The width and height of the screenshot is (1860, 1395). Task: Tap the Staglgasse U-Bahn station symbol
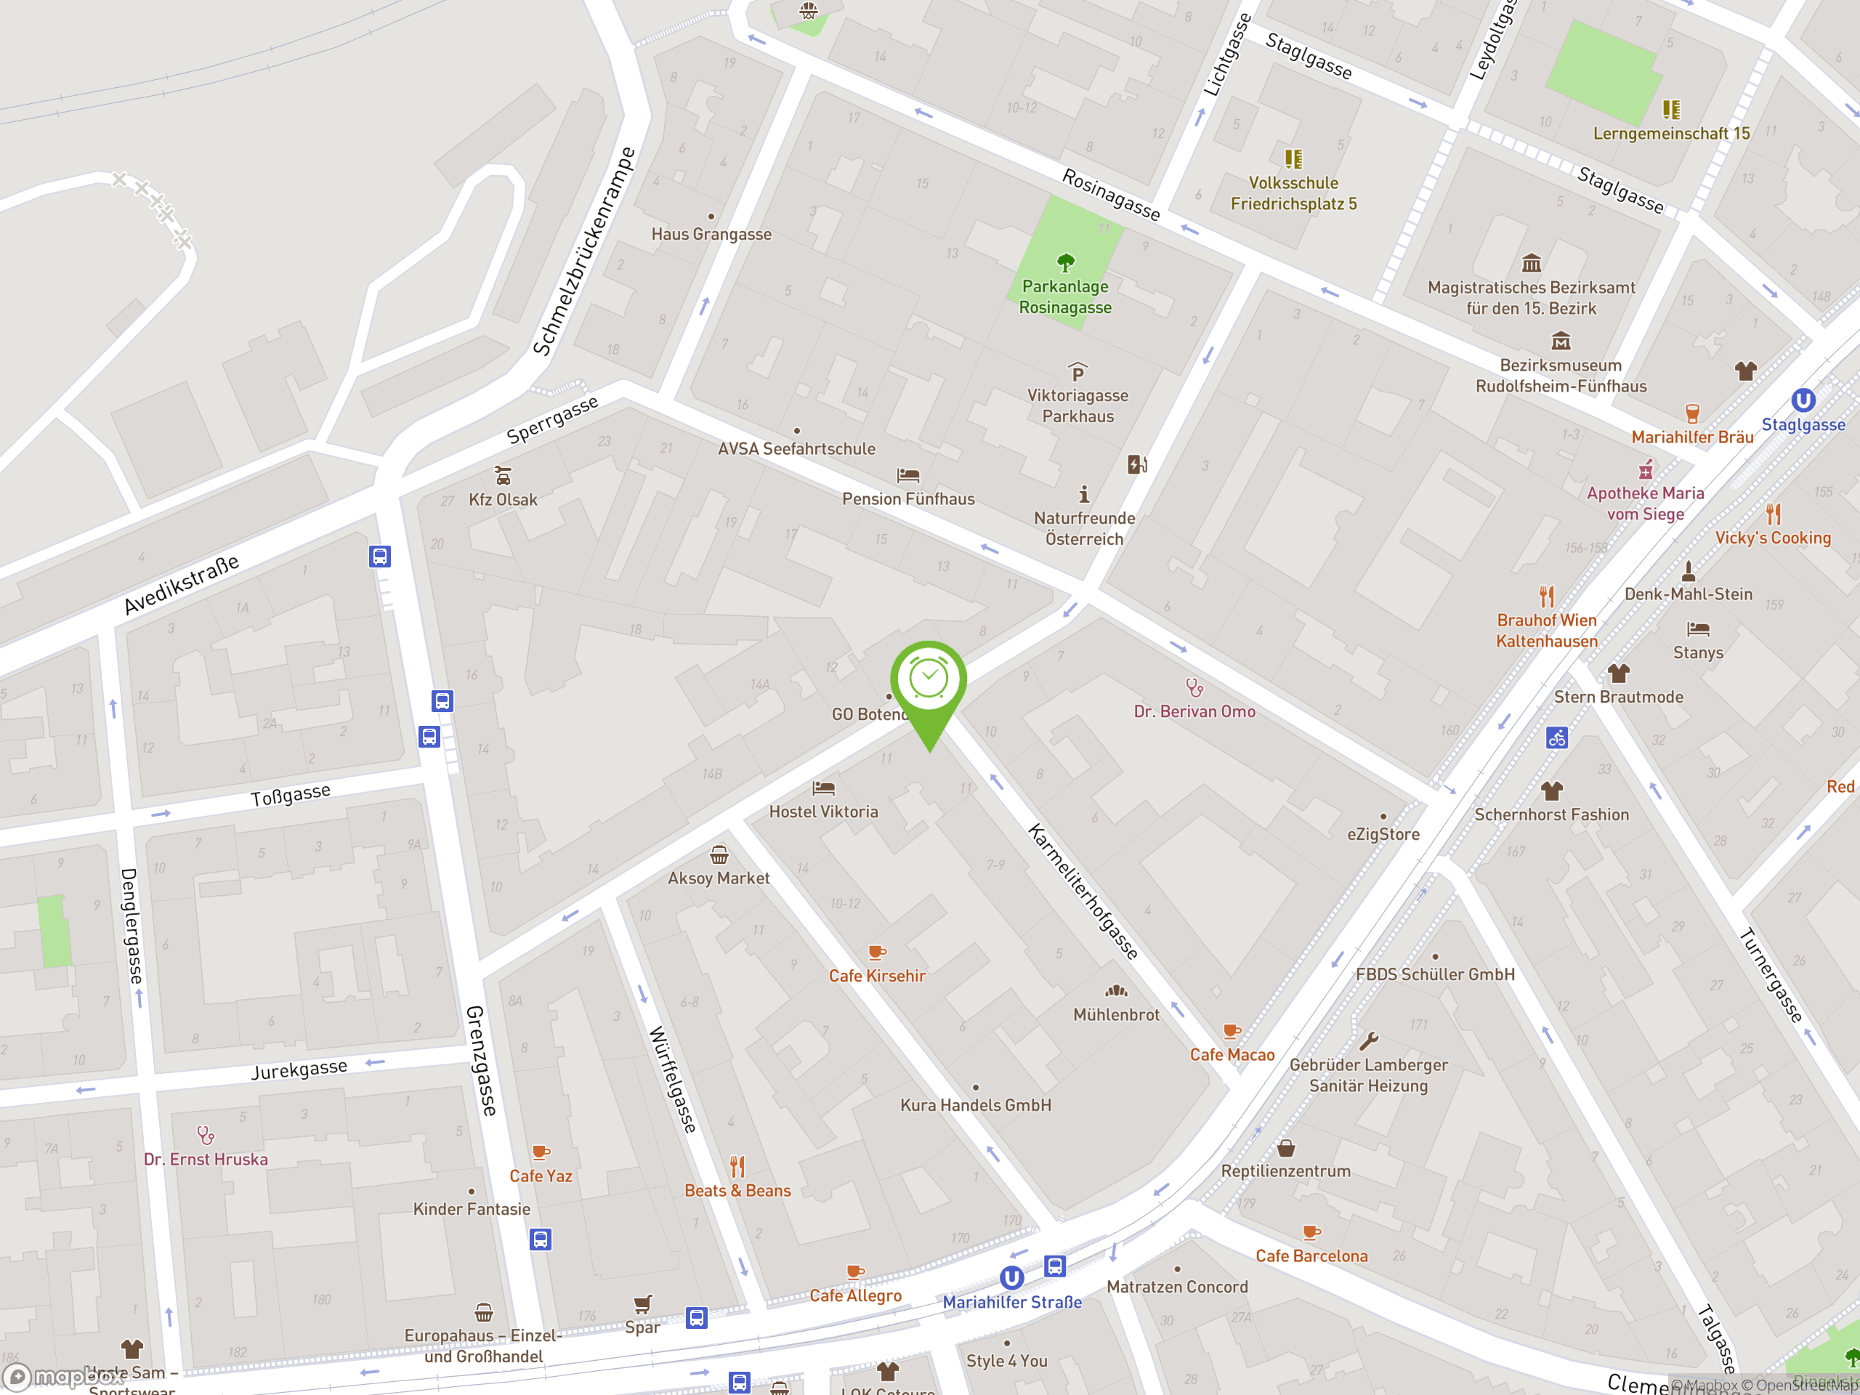click(x=1803, y=400)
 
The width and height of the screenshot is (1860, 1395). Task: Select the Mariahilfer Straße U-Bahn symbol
click(x=1011, y=1278)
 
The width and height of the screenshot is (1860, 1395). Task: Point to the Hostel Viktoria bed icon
click(x=823, y=788)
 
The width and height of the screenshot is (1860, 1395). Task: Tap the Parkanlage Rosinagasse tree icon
click(x=1065, y=262)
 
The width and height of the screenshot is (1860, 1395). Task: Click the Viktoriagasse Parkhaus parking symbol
click(x=1077, y=372)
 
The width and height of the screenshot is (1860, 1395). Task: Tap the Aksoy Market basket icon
click(x=719, y=855)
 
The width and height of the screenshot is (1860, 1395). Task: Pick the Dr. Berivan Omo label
click(x=1194, y=711)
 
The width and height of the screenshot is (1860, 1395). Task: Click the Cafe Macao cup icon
click(x=1232, y=1031)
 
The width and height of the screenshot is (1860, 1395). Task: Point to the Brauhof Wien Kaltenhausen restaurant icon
click(x=1546, y=597)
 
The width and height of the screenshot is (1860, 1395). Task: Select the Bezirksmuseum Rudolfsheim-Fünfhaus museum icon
click(x=1561, y=341)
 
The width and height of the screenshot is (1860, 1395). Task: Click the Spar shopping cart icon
click(x=642, y=1303)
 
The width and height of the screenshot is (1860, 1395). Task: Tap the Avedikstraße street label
click(x=182, y=584)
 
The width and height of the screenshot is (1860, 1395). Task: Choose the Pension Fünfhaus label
click(x=908, y=498)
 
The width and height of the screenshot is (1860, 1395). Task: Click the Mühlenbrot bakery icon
click(x=1116, y=990)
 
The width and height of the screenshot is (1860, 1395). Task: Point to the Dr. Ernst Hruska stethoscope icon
click(x=205, y=1135)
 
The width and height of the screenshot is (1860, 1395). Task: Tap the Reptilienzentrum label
click(x=1286, y=1171)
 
